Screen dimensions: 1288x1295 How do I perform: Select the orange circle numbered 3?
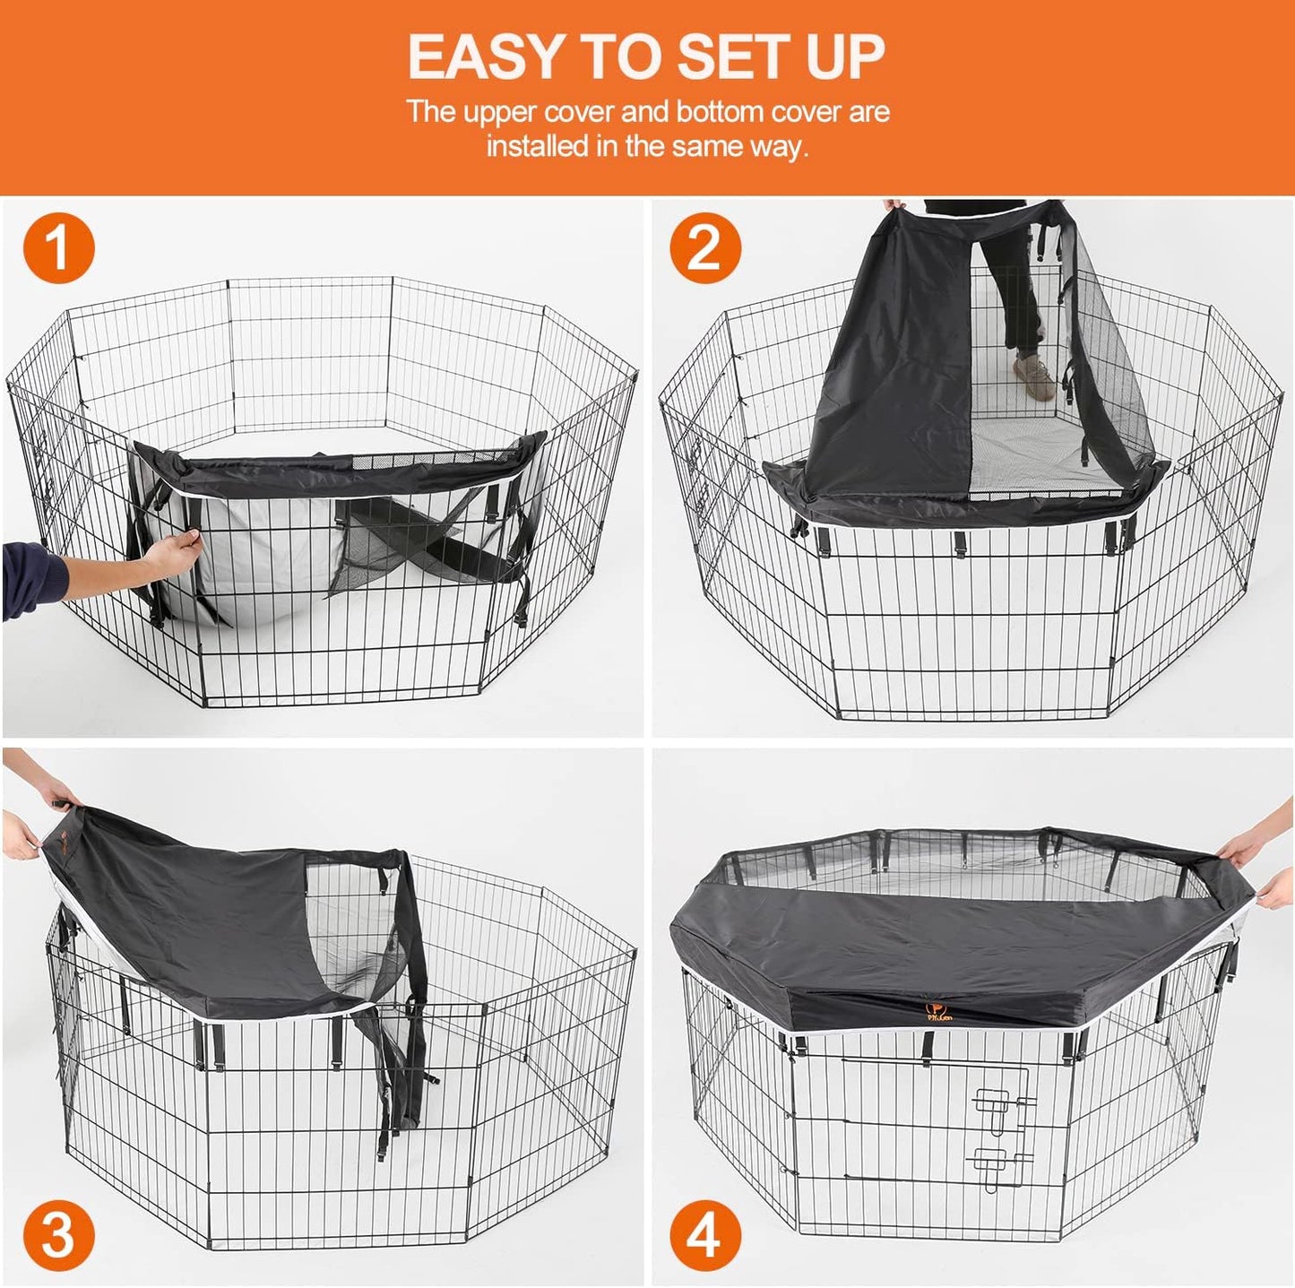(58, 1236)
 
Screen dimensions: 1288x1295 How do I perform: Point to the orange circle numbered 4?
(705, 1236)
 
